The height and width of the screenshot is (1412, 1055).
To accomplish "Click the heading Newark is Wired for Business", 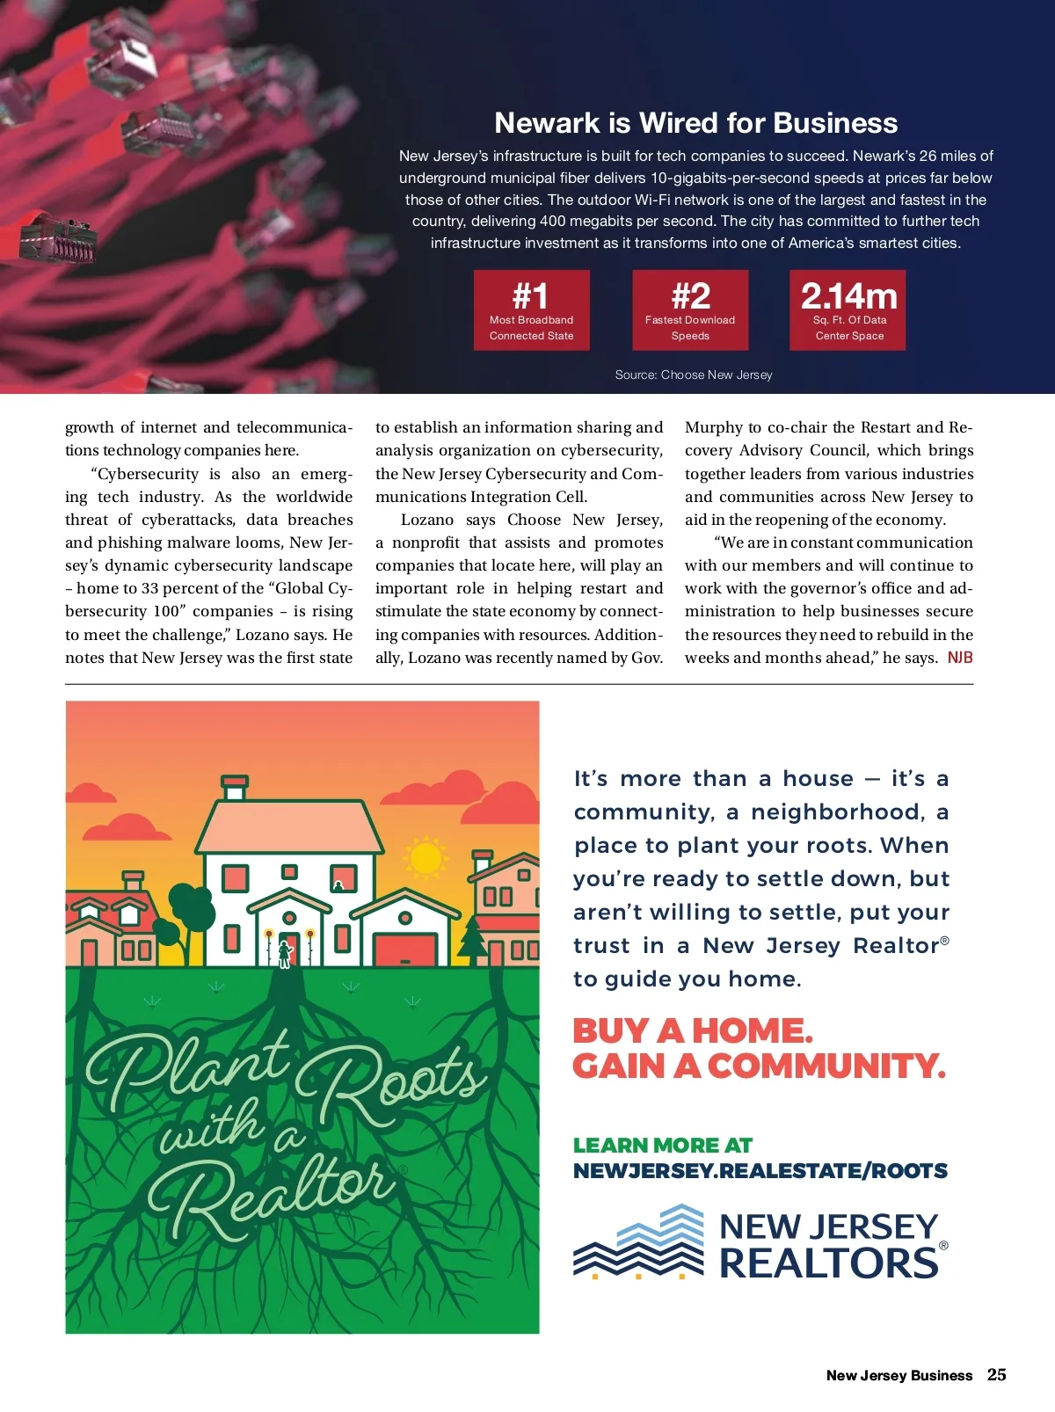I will click(x=695, y=123).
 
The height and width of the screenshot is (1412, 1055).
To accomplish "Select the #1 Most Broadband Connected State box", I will click(x=531, y=310).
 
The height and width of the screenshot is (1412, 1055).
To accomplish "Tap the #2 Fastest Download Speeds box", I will click(x=690, y=310).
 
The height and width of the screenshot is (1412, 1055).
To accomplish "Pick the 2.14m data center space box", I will click(x=848, y=310).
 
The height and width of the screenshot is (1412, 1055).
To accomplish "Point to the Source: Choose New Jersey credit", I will click(x=694, y=375).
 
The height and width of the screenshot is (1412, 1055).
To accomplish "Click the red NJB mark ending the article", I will click(x=960, y=658).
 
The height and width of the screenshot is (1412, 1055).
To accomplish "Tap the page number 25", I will click(x=996, y=1375).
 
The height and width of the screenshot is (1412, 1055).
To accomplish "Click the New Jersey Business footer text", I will click(x=899, y=1376).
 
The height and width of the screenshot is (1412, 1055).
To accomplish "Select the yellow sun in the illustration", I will click(x=426, y=855).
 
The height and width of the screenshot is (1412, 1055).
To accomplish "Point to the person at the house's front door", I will click(x=285, y=953).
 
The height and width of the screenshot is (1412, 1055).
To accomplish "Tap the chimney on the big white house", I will click(x=235, y=786).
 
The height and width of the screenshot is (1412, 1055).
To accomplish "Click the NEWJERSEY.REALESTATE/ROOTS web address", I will click(x=760, y=1171).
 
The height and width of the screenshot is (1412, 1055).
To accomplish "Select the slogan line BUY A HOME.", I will click(x=693, y=1030).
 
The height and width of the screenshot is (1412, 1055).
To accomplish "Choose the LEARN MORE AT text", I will click(x=663, y=1146).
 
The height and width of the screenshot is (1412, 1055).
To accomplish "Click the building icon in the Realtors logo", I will click(x=639, y=1241).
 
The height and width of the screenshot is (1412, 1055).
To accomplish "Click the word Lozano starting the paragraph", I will click(x=427, y=520).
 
